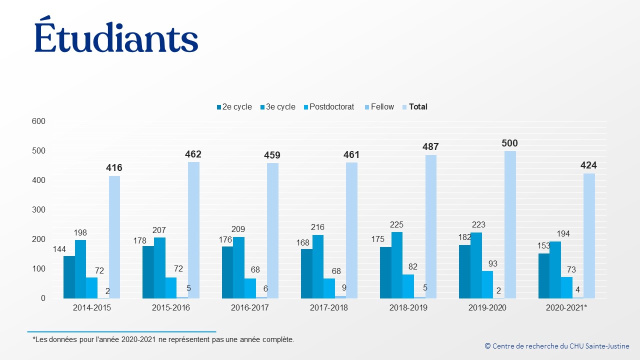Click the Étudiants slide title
[116, 34]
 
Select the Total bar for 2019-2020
[510, 224]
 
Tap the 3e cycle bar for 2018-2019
[397, 265]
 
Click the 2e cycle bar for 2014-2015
[69, 277]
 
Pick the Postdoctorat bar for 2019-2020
[487, 285]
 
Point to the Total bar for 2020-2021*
[589, 236]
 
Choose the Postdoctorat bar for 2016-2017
[250, 288]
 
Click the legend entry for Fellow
[379, 107]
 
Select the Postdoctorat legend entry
[329, 107]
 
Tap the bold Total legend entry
[415, 107]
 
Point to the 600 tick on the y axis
[38, 121]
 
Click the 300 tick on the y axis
[38, 209]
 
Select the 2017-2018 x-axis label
[329, 307]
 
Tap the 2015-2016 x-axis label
[171, 307]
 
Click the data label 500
[509, 143]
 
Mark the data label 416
[114, 167]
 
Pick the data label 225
[396, 225]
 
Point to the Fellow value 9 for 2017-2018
[344, 287]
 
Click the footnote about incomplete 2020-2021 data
[163, 339]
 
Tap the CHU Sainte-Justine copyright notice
[557, 346]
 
